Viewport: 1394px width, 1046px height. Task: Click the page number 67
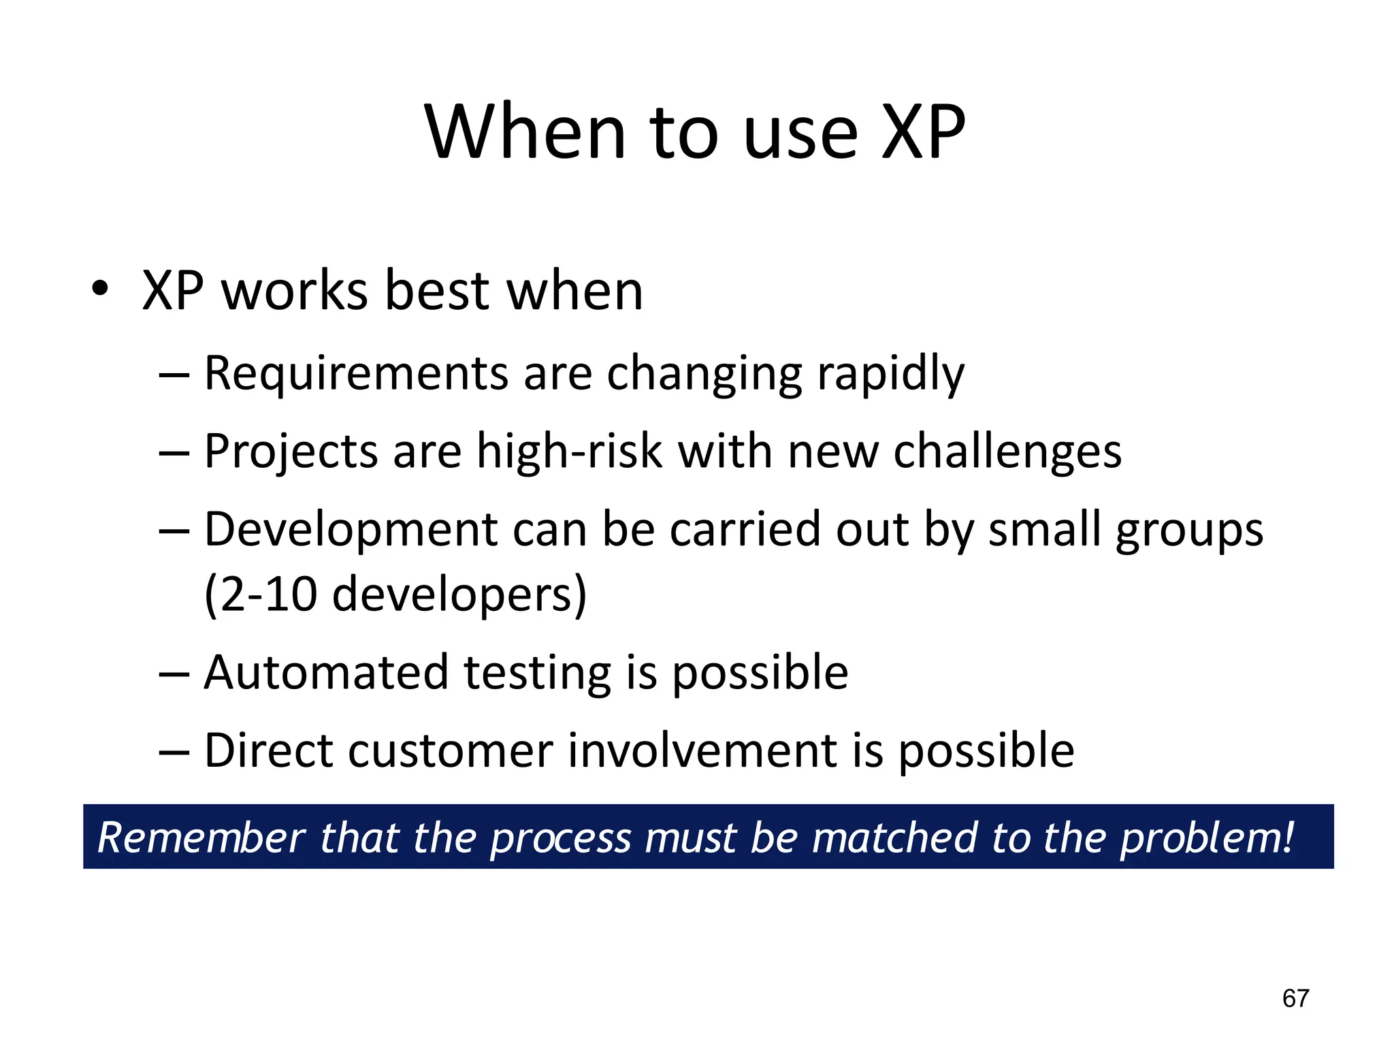point(1295,998)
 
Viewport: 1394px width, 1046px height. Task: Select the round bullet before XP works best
point(100,289)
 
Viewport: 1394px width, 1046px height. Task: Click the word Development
point(351,529)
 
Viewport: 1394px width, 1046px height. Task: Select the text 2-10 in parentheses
point(268,594)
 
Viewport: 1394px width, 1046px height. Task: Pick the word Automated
point(326,673)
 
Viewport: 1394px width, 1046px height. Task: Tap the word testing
point(538,673)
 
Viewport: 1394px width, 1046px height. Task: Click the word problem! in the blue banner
point(1207,838)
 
